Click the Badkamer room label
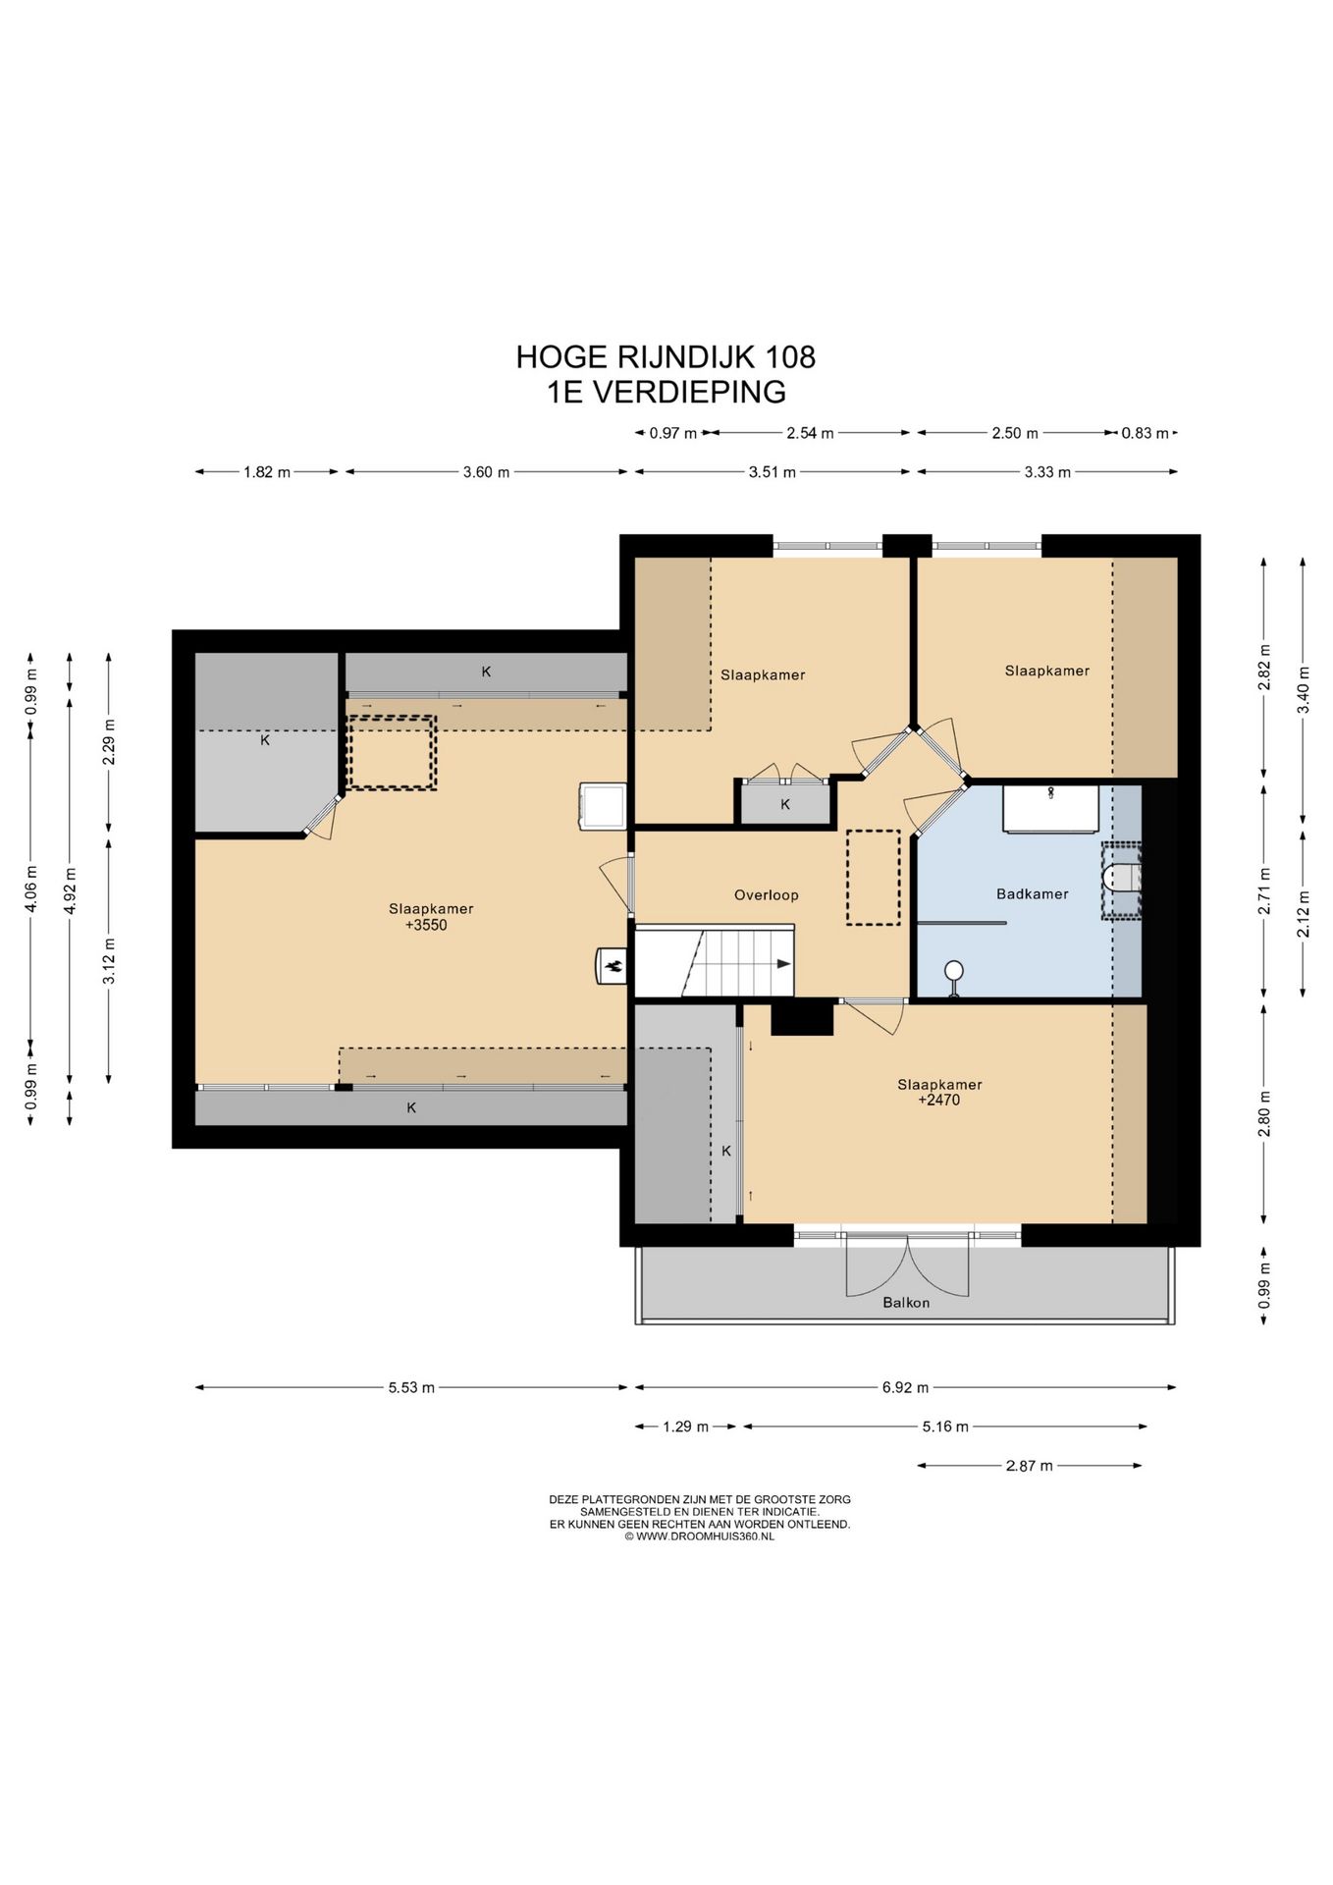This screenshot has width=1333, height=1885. coord(1032,893)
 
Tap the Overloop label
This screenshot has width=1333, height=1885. coord(767,895)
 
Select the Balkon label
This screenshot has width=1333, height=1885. coord(906,1303)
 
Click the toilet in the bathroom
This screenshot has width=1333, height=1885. coord(1121,879)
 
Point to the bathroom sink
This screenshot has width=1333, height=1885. coord(1049,808)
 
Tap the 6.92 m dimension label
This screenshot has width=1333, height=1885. coord(904,1387)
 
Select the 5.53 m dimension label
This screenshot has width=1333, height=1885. coord(411,1387)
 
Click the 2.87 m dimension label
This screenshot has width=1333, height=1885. coord(1029,1466)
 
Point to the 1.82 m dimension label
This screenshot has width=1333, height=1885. coord(267,472)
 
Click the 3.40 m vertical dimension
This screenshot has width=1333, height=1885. coord(1304,690)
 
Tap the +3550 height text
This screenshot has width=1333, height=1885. coord(426,925)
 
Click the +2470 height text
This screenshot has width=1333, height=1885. coord(939,1101)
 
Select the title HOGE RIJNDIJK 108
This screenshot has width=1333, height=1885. coord(666,356)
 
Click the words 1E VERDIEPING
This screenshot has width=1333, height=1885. coord(666,392)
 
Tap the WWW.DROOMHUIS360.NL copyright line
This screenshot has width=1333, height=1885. coord(699,1536)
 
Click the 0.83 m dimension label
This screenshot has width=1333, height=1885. coord(1145,433)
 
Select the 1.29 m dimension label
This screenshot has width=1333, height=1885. coord(685,1427)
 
